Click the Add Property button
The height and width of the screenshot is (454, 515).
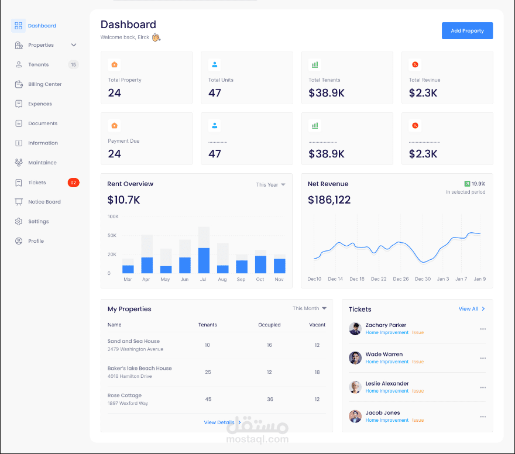click(x=467, y=31)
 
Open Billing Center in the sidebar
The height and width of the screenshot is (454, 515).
click(x=44, y=84)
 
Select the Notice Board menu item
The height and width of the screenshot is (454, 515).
click(x=44, y=202)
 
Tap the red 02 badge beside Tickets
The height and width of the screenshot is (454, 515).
click(x=73, y=183)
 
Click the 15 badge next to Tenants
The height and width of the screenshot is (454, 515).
click(x=73, y=65)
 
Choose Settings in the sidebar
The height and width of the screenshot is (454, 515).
click(x=38, y=222)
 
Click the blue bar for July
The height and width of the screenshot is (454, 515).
click(x=204, y=260)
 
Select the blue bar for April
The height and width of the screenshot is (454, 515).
click(x=147, y=265)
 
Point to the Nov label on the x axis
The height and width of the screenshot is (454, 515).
click(x=279, y=280)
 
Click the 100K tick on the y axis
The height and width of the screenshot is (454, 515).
click(x=113, y=216)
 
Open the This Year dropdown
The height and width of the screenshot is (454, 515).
click(x=270, y=185)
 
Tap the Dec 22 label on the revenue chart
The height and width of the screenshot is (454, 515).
click(x=379, y=279)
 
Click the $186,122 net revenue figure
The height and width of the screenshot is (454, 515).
click(x=329, y=200)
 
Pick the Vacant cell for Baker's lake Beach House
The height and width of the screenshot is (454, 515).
click(x=317, y=372)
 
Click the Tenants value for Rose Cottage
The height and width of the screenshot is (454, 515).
click(x=208, y=399)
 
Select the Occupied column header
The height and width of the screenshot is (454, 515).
click(x=269, y=325)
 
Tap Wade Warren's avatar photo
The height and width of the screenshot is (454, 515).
click(x=355, y=357)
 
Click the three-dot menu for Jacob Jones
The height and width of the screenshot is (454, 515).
click(x=483, y=417)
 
